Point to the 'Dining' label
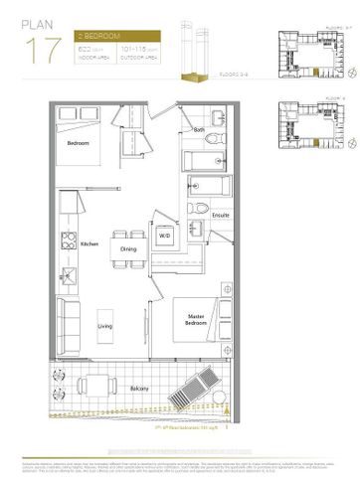129,248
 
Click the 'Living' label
103,324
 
